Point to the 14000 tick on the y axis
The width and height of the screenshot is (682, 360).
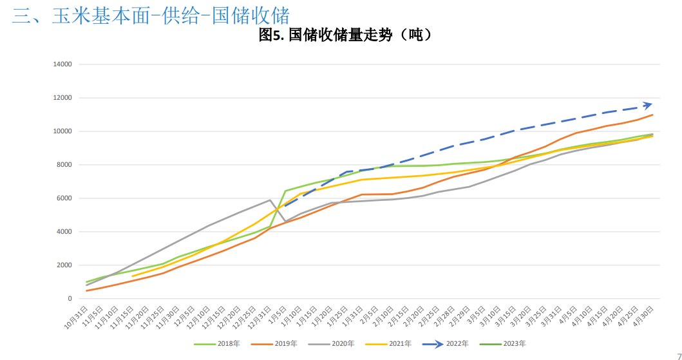[62, 64]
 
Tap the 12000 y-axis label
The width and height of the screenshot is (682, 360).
[62, 98]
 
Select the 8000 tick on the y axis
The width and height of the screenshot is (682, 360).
[64, 165]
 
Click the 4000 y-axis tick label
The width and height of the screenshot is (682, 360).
[64, 232]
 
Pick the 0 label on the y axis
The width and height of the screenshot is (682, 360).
[69, 299]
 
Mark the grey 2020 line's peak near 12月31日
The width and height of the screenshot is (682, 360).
[270, 200]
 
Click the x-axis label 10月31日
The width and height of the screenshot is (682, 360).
[77, 317]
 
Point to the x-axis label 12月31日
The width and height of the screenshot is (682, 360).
[260, 317]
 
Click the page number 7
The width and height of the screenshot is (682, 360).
[677, 352]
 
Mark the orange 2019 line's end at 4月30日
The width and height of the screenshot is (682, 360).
[653, 115]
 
